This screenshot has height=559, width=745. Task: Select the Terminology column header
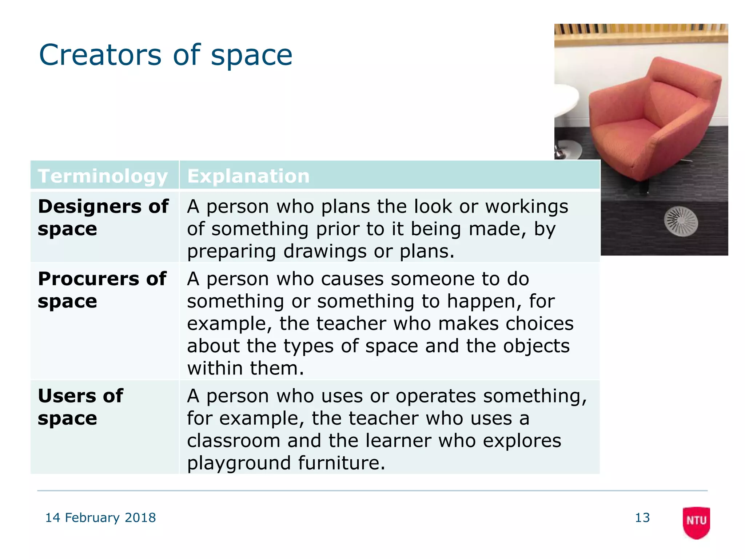103,176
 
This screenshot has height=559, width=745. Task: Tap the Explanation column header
248,176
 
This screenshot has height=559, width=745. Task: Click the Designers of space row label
103,217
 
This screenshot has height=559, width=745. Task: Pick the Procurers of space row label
102,290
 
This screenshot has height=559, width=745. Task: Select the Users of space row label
80,407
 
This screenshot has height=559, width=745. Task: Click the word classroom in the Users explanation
233,441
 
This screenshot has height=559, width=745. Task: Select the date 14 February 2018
100,518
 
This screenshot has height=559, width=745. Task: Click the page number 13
642,518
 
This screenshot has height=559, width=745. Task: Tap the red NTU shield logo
696,522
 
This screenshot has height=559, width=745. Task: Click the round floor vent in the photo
681,221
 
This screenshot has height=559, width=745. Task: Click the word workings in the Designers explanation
526,207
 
